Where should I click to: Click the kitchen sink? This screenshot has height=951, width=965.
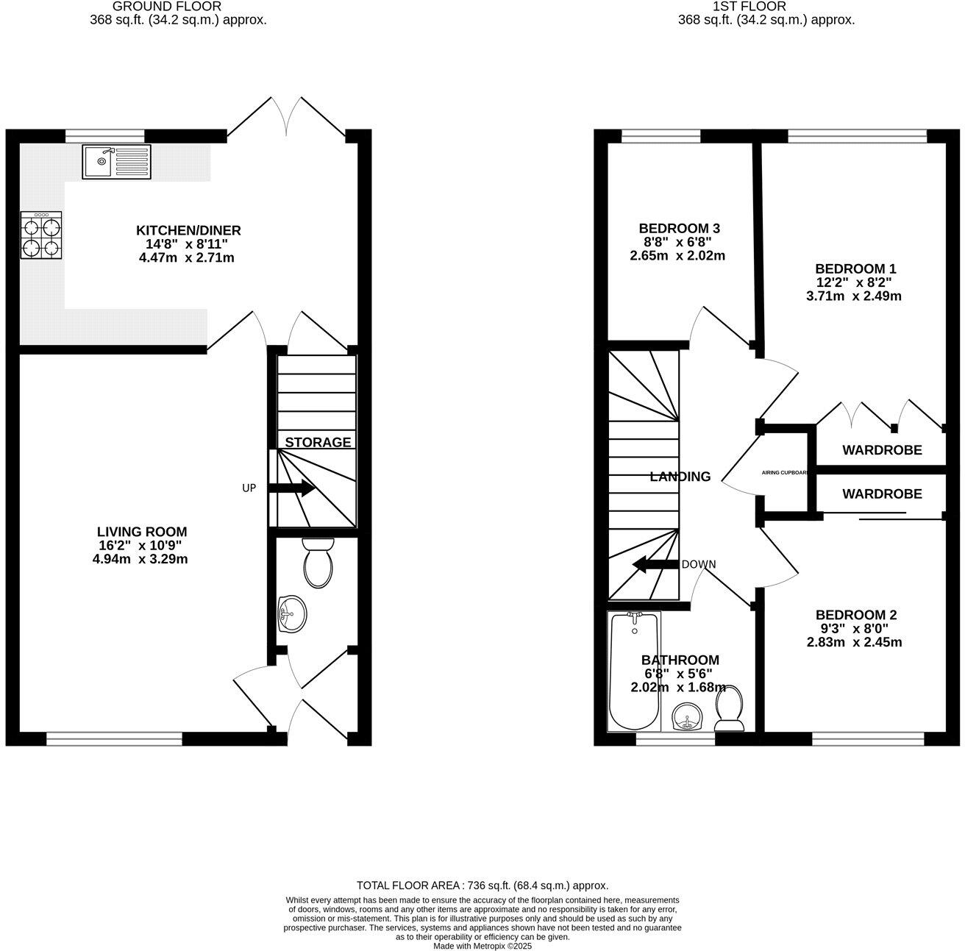[x=116, y=162]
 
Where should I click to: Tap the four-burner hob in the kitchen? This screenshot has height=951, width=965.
[x=41, y=235]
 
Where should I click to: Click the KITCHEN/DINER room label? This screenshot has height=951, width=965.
[x=188, y=230]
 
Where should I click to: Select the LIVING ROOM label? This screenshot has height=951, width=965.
[x=142, y=531]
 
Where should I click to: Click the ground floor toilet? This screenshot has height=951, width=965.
[x=318, y=563]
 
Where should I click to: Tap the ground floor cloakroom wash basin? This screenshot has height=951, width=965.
[x=293, y=613]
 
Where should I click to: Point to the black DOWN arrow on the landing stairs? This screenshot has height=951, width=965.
[x=655, y=565]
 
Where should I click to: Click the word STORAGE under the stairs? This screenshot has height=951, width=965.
[x=318, y=442]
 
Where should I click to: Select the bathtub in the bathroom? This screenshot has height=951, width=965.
[x=633, y=671]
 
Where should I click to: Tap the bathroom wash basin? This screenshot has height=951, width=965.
[x=688, y=716]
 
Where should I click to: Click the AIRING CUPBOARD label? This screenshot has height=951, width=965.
[x=786, y=472]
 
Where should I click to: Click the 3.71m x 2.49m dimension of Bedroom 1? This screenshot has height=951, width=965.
[x=854, y=296]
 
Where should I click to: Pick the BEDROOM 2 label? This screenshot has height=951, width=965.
[x=855, y=615]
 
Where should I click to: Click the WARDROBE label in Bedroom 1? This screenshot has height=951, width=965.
[x=882, y=449]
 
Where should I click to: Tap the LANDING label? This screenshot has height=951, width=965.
[x=680, y=477]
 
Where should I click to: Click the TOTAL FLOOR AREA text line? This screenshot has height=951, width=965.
[x=482, y=886]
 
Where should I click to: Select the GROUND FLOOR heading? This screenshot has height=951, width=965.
[x=167, y=7]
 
